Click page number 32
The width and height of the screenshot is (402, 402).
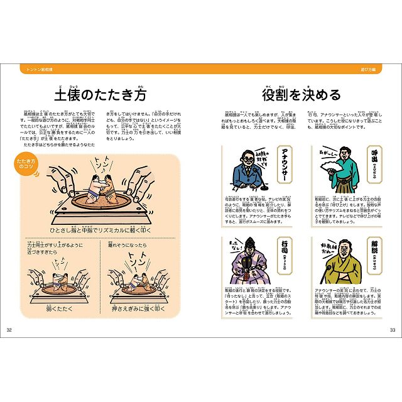tap(9, 330)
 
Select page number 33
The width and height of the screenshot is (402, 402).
tap(393, 330)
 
